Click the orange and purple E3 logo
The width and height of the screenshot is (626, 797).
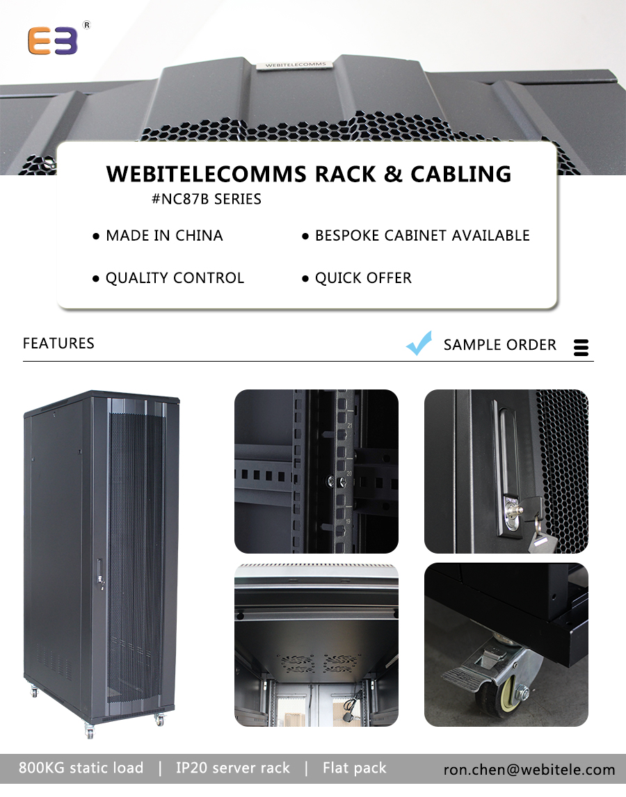coord(53,41)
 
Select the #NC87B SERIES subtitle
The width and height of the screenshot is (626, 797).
coord(206,199)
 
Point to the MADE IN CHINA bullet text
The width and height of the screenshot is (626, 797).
coord(164,236)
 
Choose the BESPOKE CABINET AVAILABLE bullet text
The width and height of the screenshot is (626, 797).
coord(422,236)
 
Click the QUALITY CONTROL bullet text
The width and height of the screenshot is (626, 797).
coord(175,278)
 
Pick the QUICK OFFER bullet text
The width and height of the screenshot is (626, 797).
coord(363,278)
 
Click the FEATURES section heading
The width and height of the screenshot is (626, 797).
coord(58,343)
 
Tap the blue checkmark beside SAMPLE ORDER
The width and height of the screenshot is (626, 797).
coord(419,344)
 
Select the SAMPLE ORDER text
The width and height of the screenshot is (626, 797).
coord(499,345)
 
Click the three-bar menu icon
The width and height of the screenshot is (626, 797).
coord(581,348)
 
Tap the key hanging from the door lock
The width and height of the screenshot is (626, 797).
coord(540,539)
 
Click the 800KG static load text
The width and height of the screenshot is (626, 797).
coord(81,768)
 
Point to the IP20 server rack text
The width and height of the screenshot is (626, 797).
coord(232,768)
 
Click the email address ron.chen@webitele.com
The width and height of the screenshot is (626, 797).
coord(529,769)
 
